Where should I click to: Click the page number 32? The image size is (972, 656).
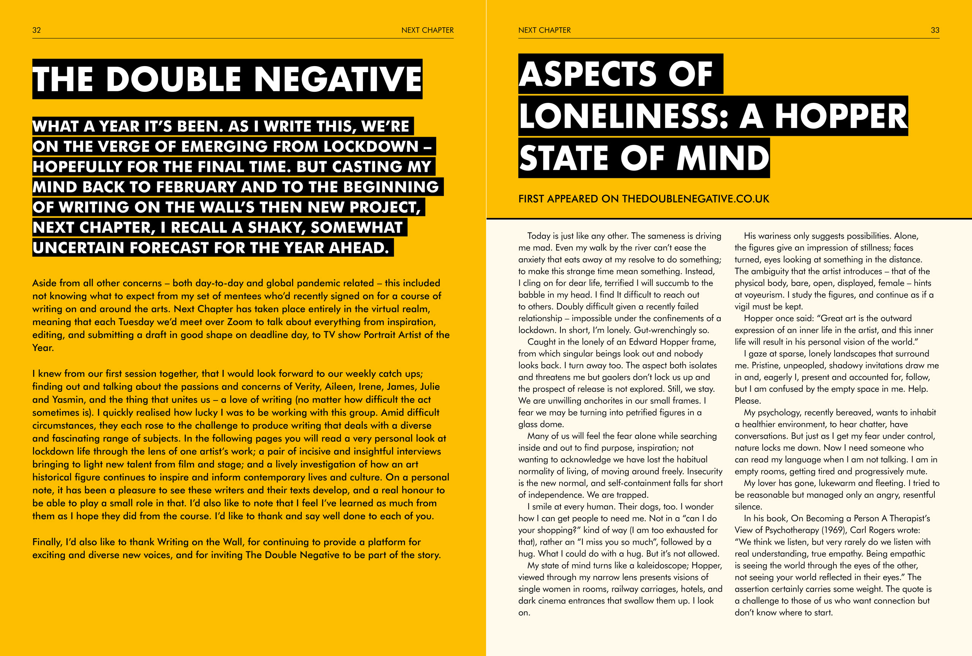coord(36,30)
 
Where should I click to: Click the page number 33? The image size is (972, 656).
coord(935,30)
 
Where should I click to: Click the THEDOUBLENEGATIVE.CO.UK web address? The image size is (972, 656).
coord(695,199)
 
